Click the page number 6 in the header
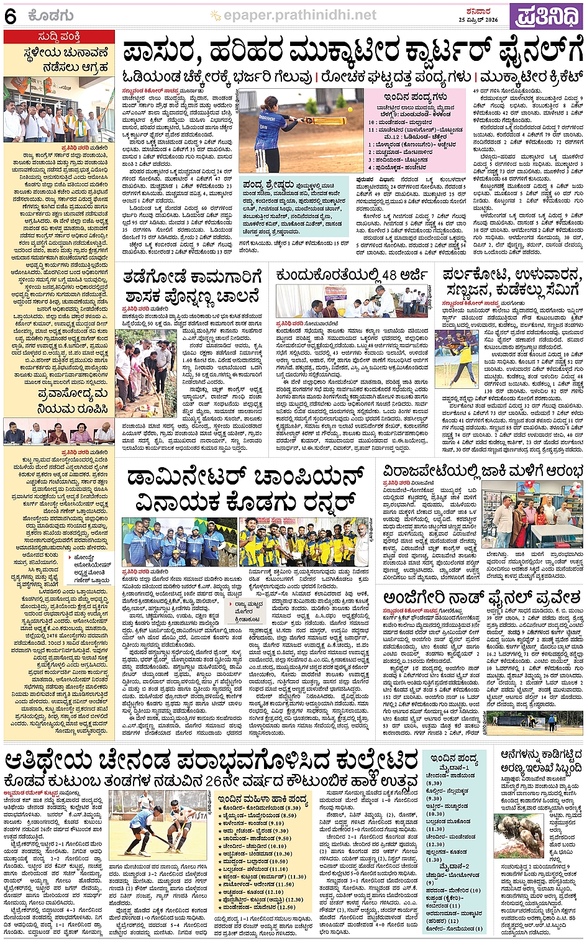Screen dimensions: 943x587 [10, 16]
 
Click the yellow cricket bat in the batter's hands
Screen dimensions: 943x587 [324, 121]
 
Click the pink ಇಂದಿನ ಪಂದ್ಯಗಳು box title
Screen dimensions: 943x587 [415, 97]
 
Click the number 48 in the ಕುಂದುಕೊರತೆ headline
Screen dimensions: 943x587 [389, 275]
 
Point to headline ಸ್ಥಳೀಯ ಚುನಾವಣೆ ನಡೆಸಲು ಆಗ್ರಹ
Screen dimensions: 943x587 [59, 60]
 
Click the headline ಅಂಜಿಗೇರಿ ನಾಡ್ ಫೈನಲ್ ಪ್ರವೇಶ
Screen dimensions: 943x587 [481, 598]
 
